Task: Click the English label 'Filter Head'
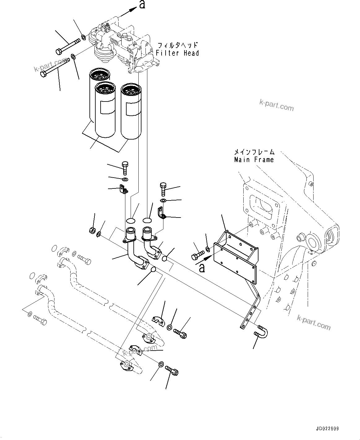(177, 53)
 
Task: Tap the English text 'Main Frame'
(254, 160)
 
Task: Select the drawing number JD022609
(327, 429)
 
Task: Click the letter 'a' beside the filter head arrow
(142, 5)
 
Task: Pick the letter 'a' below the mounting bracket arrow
(202, 268)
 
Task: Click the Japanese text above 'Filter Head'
(177, 45)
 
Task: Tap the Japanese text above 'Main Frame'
(254, 152)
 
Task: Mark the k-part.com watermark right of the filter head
(276, 106)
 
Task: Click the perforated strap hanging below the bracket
(252, 306)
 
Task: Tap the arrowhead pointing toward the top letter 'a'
(132, 10)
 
